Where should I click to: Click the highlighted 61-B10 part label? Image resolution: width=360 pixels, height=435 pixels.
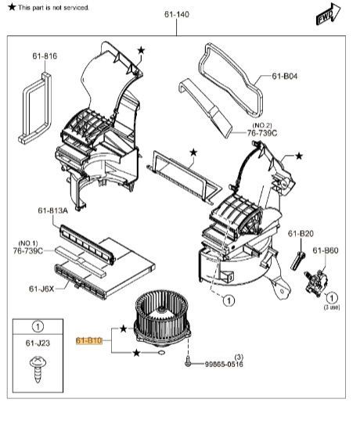[89, 340]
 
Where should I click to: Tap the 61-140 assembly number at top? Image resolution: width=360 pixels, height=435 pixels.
[177, 14]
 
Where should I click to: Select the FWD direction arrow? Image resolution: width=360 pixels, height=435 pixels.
[328, 14]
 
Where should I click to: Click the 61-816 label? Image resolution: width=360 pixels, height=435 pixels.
[45, 56]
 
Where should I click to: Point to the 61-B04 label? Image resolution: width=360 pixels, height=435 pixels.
[285, 76]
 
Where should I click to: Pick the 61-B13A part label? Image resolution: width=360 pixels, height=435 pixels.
[53, 210]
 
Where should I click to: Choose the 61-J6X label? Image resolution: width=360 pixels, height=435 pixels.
[41, 289]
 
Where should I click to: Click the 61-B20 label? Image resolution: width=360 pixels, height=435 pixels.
[301, 234]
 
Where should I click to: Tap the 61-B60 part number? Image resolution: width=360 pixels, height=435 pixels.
[326, 250]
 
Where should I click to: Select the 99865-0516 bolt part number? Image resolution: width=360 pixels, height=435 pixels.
[224, 364]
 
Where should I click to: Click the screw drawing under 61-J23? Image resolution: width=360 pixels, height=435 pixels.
[38, 370]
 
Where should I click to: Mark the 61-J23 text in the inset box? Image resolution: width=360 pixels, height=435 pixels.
[38, 343]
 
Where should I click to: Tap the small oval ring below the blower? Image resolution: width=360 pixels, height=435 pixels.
[161, 353]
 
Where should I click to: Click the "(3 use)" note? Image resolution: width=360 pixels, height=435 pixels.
[332, 307]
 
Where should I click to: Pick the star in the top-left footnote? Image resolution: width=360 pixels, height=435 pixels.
[12, 7]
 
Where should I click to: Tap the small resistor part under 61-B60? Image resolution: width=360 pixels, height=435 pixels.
[317, 282]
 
